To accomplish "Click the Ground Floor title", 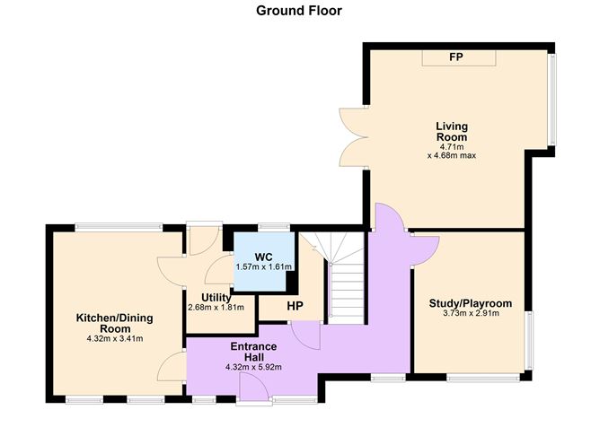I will click(x=299, y=11).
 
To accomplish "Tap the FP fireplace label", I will click(x=456, y=57).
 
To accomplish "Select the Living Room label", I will click(x=452, y=132).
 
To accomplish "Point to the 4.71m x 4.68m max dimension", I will click(x=452, y=150).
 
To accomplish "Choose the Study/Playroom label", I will click(x=470, y=303).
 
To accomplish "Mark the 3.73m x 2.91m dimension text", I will click(x=470, y=314).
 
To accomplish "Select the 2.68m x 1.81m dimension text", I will click(x=216, y=308).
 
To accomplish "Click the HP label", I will click(x=295, y=305).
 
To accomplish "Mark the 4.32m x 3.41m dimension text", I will click(x=114, y=339).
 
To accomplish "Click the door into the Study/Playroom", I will click(x=422, y=245).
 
